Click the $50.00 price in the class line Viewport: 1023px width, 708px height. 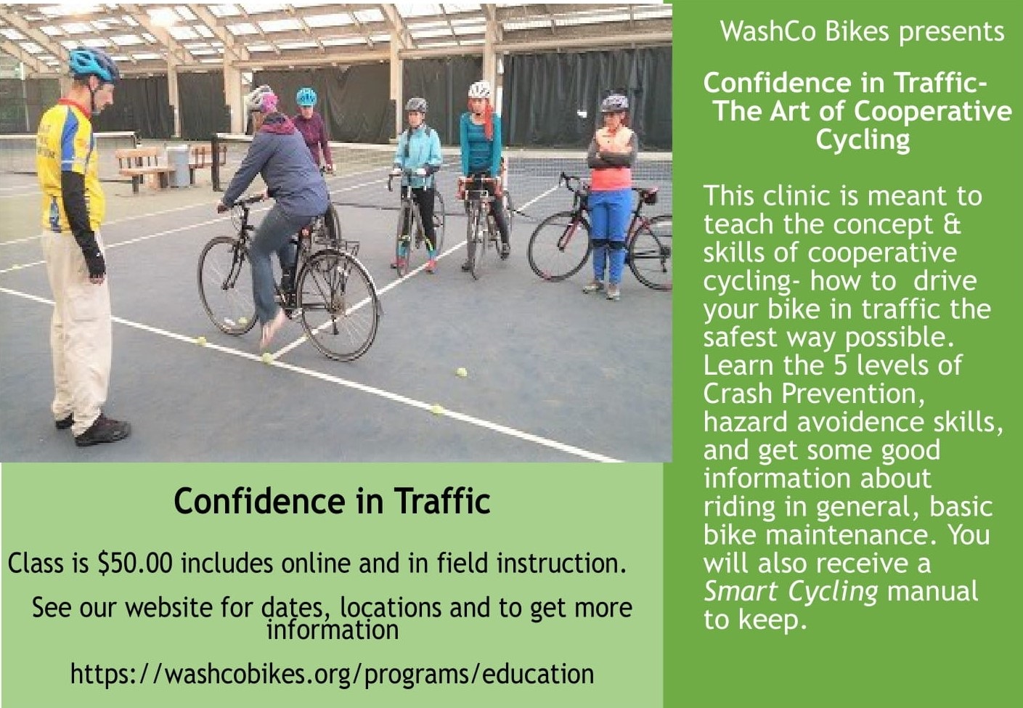135,564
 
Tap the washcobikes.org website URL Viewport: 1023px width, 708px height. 333,675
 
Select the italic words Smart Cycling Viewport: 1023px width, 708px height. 791,592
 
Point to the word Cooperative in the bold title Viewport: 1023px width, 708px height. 933,111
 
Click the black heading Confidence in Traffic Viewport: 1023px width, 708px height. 332,501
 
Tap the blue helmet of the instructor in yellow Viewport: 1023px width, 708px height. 94,64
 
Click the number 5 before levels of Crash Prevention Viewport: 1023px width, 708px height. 841,366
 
